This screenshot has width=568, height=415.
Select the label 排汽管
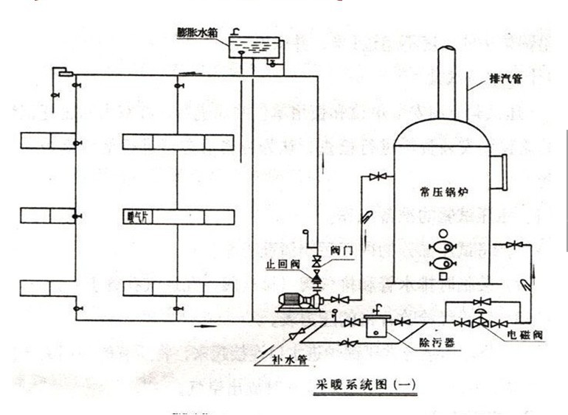pos(506,78)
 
